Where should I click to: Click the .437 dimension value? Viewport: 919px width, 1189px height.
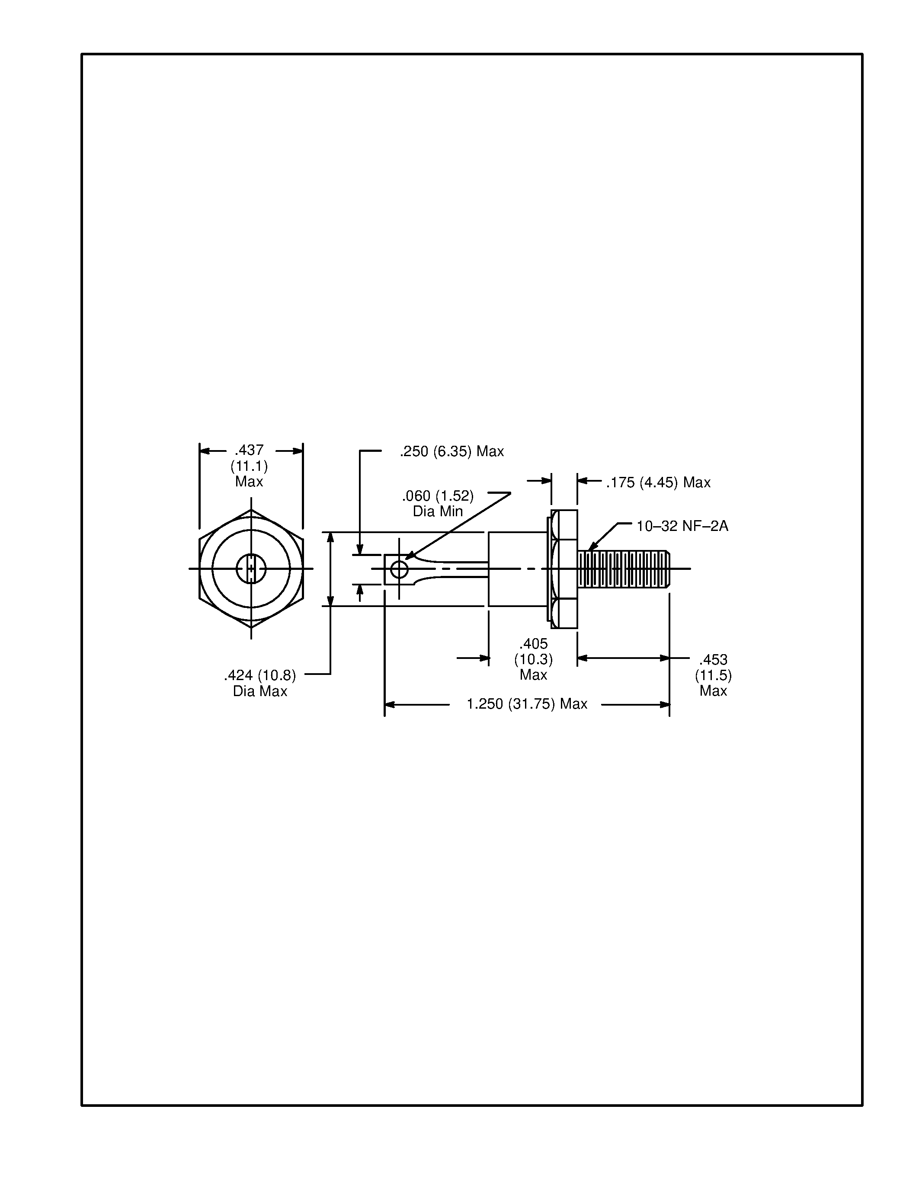tap(250, 450)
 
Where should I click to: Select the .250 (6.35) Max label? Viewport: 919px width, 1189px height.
tap(451, 451)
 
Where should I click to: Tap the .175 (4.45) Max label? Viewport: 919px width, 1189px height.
tap(658, 483)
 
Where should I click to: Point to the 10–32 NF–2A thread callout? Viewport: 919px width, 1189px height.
tap(682, 526)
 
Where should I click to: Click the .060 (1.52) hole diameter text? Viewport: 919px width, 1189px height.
tap(438, 496)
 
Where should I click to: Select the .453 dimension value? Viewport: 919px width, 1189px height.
tap(713, 660)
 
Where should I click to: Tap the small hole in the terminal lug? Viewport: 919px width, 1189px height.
tap(399, 570)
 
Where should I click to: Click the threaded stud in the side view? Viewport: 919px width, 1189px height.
tap(623, 569)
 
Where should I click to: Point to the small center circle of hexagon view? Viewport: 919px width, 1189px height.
tap(251, 569)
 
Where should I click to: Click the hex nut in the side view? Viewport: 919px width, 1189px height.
tap(564, 569)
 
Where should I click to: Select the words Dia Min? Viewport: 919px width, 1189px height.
tap(438, 511)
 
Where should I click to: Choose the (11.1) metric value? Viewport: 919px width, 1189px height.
tap(250, 466)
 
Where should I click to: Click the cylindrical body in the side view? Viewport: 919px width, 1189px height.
tap(517, 569)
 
